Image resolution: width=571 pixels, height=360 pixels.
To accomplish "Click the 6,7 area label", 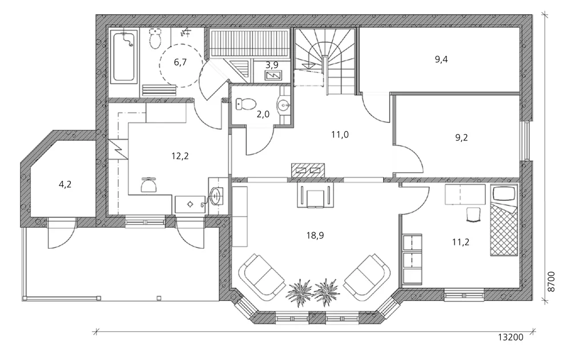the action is [x=180, y=62].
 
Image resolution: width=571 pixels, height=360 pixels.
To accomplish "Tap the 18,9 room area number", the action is [x=315, y=236].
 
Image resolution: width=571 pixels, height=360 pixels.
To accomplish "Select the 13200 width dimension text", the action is [x=510, y=337].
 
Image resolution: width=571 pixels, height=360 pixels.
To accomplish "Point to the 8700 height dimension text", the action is [x=552, y=281].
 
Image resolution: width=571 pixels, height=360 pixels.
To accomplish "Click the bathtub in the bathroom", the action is [x=124, y=57].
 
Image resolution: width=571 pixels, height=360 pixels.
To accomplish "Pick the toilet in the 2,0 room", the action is [x=245, y=104].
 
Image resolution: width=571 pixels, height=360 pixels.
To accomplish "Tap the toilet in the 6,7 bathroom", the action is [x=155, y=39].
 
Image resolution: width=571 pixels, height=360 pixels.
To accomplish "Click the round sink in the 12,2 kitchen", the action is [x=216, y=196].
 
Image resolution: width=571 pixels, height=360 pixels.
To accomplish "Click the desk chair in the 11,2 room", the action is [x=475, y=215].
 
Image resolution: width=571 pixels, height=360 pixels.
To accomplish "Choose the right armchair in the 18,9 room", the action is [x=367, y=277].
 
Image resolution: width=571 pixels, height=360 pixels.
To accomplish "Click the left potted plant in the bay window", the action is [x=300, y=293].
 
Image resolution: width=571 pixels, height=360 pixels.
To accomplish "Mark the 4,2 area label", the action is [x=65, y=184].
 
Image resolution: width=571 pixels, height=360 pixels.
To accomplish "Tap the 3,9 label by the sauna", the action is [x=272, y=65].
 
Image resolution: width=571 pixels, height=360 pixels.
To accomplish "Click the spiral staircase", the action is [x=324, y=62].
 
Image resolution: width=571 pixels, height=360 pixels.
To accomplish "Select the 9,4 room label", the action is [x=441, y=59].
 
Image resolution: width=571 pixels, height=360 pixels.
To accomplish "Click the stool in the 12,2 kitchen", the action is [x=149, y=184].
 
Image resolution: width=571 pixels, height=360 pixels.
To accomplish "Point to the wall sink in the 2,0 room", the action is [x=284, y=106].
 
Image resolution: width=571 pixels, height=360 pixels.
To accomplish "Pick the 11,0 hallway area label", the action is [x=340, y=135].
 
